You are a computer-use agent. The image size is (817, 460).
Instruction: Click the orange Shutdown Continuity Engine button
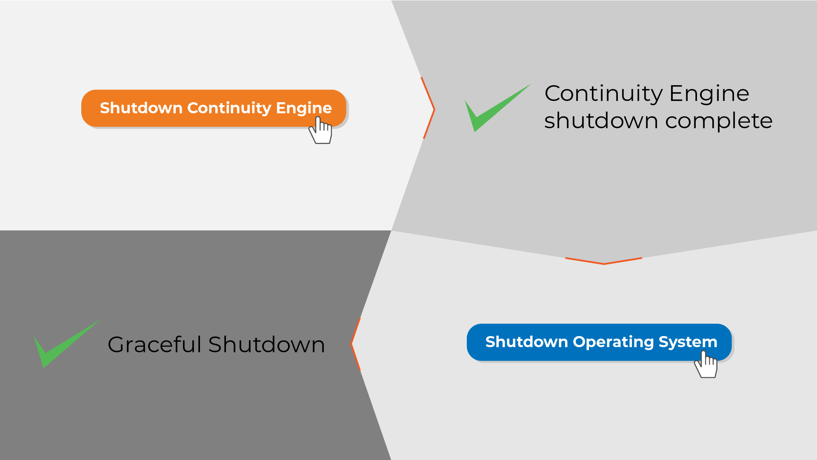click(214, 108)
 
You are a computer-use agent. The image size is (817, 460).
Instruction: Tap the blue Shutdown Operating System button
click(599, 342)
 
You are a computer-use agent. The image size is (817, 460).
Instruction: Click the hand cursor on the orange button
click(320, 130)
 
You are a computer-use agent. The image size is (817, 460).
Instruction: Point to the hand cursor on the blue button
click(706, 364)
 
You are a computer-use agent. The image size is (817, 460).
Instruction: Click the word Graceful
click(154, 344)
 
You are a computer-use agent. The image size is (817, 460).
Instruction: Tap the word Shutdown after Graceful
click(267, 344)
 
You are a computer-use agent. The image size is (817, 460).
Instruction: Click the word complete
click(719, 121)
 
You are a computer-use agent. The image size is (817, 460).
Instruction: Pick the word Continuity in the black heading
click(603, 94)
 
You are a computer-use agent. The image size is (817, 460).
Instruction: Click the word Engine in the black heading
click(709, 94)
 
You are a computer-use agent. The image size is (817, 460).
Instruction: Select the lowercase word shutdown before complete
click(601, 121)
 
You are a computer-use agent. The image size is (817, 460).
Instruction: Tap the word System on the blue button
click(688, 342)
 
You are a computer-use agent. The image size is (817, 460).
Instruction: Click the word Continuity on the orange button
click(229, 108)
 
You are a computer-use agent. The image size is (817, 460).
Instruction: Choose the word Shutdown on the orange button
click(141, 108)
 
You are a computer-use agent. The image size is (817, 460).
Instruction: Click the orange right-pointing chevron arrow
click(428, 108)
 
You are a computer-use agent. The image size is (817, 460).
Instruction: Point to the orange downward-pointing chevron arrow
click(603, 261)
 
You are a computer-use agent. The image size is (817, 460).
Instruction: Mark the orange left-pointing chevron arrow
click(356, 344)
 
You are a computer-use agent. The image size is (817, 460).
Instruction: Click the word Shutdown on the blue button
click(527, 342)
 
